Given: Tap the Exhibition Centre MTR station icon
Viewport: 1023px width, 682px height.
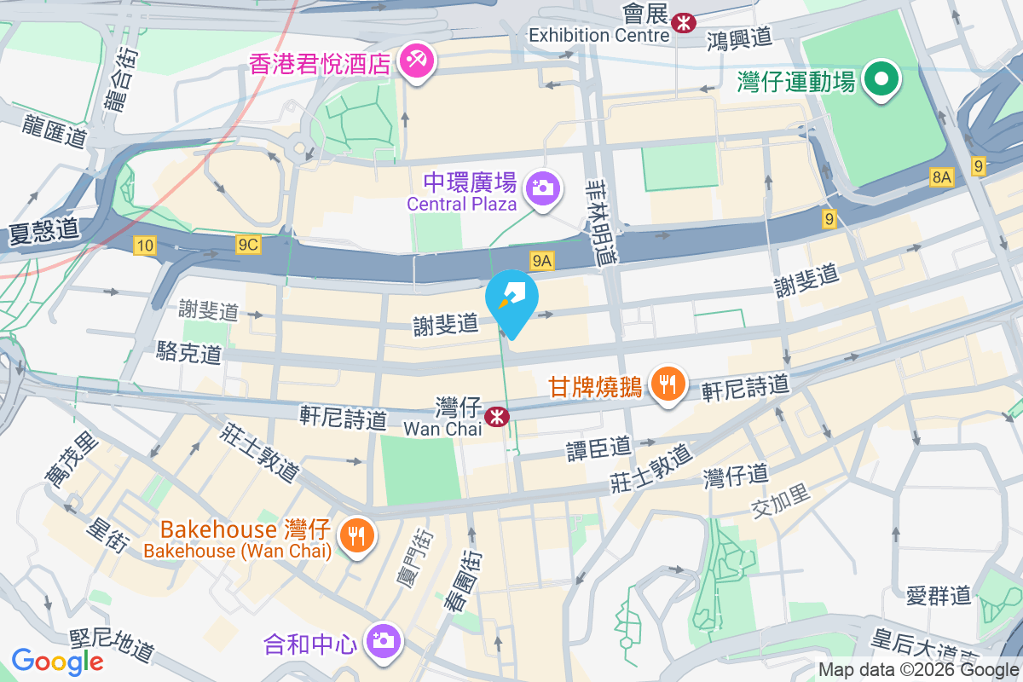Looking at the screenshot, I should (x=682, y=23).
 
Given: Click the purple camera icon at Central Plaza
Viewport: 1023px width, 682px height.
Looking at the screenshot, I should (x=541, y=185).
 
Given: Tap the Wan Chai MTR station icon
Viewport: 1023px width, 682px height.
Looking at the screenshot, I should (x=495, y=417).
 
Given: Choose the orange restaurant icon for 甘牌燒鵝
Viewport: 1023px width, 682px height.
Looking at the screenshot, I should (x=667, y=384).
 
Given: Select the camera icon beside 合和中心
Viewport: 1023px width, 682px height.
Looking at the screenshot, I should (x=381, y=639).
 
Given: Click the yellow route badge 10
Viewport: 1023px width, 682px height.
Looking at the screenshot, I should (x=145, y=246).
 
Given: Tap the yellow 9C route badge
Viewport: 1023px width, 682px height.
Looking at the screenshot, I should (x=248, y=246).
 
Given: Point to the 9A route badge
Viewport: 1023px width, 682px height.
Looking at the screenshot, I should (x=542, y=259).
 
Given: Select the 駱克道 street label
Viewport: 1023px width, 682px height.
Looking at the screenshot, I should (x=189, y=353).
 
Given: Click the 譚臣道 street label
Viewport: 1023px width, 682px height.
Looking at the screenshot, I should (x=599, y=448).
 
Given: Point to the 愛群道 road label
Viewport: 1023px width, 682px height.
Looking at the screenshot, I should (x=939, y=595).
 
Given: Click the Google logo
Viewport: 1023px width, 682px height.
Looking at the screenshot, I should (x=58, y=662).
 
